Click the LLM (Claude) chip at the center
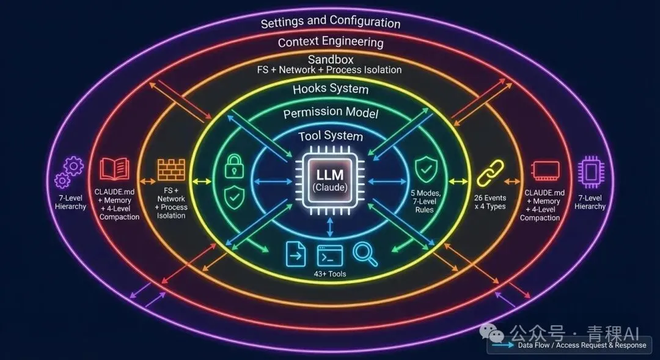(330, 181)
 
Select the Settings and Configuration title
(331, 22)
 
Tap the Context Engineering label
(331, 42)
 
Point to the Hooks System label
(331, 89)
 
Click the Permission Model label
(331, 113)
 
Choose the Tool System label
(331, 136)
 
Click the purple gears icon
(69, 172)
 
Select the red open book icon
(115, 169)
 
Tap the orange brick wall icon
(171, 170)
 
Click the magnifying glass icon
(366, 254)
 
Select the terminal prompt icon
(329, 255)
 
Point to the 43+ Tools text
(330, 274)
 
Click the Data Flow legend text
(581, 345)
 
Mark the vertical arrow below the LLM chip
(330, 228)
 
